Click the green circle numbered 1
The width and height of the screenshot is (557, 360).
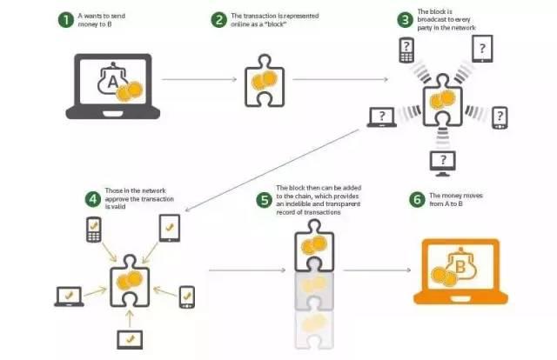click(66, 19)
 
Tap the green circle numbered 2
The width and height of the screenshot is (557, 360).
click(218, 19)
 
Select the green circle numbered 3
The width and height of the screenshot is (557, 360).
click(405, 19)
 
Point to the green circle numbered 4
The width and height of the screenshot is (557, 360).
click(93, 199)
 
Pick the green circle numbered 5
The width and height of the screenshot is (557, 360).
click(265, 200)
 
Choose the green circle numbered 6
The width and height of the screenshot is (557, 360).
click(417, 199)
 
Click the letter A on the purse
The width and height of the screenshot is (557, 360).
click(112, 82)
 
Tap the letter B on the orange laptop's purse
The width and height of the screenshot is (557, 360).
click(460, 266)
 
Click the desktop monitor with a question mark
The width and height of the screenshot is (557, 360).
click(443, 163)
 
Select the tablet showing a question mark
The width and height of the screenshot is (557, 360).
click(482, 49)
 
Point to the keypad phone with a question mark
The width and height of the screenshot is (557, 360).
click(406, 50)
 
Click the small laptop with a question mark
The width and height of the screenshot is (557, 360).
click(381, 117)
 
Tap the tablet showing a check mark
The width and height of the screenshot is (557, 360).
click(170, 229)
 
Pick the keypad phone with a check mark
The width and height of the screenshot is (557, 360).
click(94, 230)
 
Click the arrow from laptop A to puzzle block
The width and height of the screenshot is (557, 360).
click(199, 79)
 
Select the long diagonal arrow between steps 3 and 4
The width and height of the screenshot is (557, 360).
click(272, 170)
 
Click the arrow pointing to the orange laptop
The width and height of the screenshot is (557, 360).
click(377, 270)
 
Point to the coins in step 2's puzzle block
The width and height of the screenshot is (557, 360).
click(265, 81)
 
